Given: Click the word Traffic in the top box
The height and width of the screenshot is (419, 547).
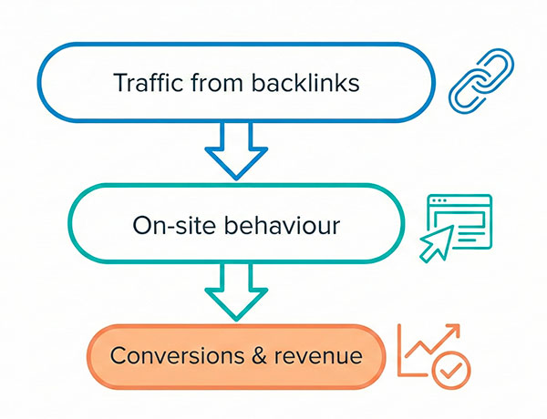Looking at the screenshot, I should click(145, 83).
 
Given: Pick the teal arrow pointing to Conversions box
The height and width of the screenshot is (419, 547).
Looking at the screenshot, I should click(236, 291).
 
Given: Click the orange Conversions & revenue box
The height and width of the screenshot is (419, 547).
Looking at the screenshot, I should click(236, 356).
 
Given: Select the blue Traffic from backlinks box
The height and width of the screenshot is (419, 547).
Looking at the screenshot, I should click(236, 83).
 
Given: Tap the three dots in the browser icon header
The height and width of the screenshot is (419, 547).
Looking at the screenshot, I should click(441, 201).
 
